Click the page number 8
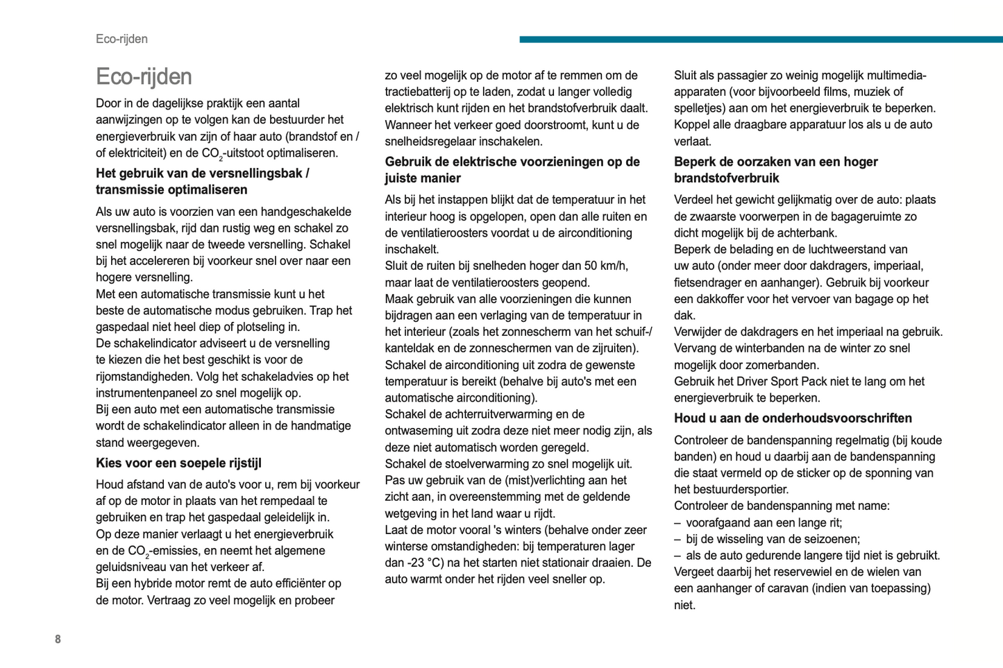tap(58, 639)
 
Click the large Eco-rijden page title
tap(144, 76)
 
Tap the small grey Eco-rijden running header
tap(121, 39)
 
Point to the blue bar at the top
tap(760, 40)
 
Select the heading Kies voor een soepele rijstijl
tap(178, 463)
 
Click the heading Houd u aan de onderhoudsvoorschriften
tap(793, 418)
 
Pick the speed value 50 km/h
tap(605, 266)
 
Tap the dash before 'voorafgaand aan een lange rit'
tap(677, 522)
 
